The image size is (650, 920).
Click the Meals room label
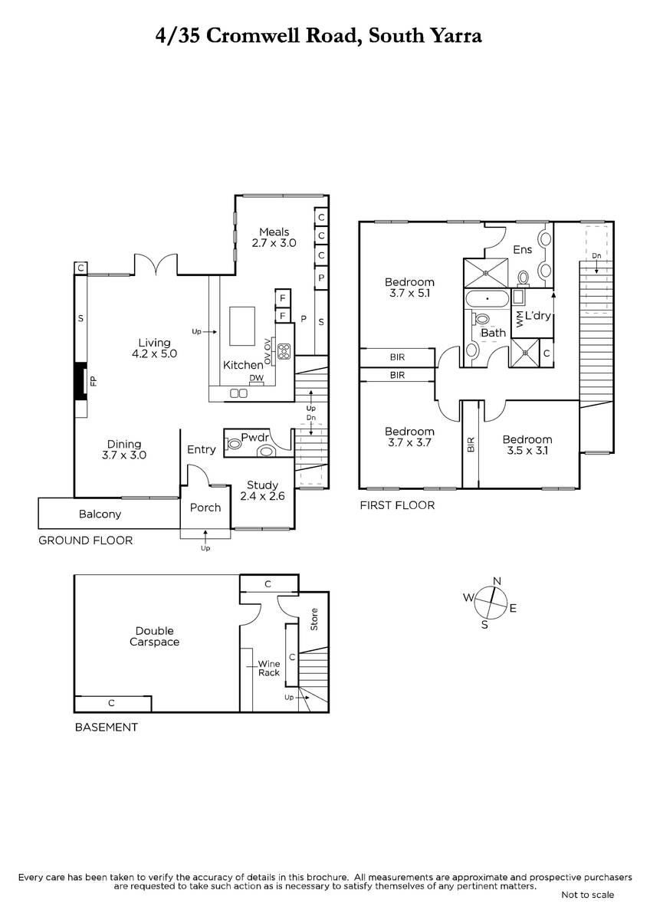[274, 232]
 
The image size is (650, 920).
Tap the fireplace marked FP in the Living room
[80, 381]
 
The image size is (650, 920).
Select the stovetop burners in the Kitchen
[284, 351]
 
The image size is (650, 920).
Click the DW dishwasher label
[257, 377]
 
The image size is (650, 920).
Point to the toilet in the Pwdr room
[234, 444]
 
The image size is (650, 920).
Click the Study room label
[262, 485]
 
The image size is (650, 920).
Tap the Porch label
[205, 508]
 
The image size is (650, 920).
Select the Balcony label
[100, 514]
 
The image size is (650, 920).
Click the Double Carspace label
[154, 636]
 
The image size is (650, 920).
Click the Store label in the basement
[314, 619]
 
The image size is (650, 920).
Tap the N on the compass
[497, 581]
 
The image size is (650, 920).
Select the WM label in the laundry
[520, 319]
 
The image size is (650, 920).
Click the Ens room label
[522, 250]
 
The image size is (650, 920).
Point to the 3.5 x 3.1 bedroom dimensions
[527, 451]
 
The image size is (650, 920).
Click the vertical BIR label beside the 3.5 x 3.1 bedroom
[471, 445]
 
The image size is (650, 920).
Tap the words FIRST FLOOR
[397, 505]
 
